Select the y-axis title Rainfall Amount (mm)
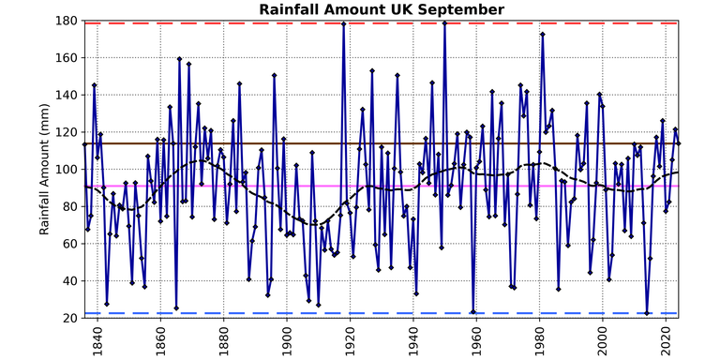point(45,170)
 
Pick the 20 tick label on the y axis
point(69,319)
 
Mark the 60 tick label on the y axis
point(69,244)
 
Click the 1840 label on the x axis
point(97,340)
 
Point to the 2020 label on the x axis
point(666,340)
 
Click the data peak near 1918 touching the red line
point(344,23)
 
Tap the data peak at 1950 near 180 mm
point(444,22)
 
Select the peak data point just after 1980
point(543,35)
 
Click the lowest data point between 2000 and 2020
point(647,313)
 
